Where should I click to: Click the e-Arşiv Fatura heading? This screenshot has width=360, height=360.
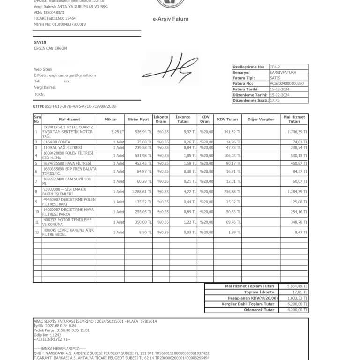pyautogui.click(x=171, y=19)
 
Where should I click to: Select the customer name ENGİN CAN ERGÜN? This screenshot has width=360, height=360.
pyautogui.click(x=51, y=48)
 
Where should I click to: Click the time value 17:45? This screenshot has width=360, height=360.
pyautogui.click(x=275, y=100)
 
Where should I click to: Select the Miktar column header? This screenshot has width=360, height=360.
pyautogui.click(x=111, y=120)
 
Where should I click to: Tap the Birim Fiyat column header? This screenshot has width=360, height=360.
pyautogui.click(x=138, y=120)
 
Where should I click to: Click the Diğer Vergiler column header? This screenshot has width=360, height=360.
pyautogui.click(x=261, y=120)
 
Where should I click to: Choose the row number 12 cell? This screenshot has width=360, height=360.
pyautogui.click(x=36, y=232)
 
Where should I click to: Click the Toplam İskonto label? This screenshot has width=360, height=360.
pyautogui.click(x=261, y=292)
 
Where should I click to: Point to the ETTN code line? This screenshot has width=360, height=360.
pyautogui.click(x=75, y=106)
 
